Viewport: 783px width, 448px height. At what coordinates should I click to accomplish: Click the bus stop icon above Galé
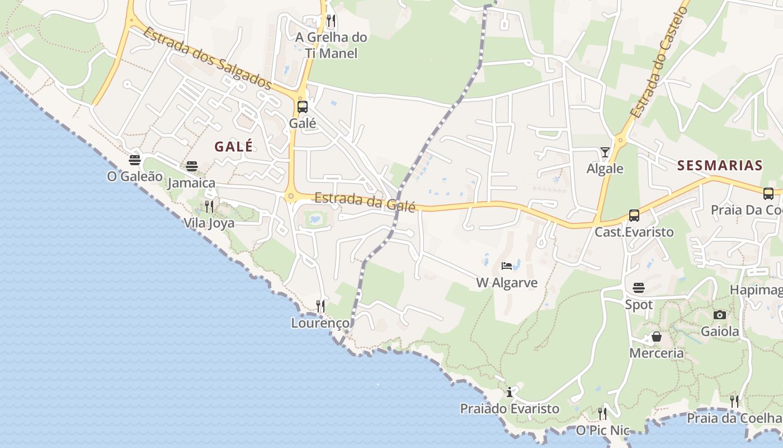(x=303, y=106)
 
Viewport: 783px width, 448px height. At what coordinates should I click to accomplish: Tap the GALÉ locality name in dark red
(x=234, y=147)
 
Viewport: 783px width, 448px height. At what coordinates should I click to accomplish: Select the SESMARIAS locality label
(x=720, y=165)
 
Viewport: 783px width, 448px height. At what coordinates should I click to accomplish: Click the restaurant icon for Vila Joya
(x=209, y=207)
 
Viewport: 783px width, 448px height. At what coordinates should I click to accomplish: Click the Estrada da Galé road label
(x=365, y=202)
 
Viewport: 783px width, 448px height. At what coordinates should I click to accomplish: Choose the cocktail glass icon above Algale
(x=605, y=152)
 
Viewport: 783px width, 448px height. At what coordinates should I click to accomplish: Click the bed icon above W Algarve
(x=507, y=265)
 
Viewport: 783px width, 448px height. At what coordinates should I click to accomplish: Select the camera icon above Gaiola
(x=720, y=315)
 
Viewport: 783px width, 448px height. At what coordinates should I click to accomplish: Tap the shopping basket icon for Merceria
(x=657, y=337)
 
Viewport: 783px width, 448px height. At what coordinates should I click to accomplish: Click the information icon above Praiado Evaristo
(x=510, y=392)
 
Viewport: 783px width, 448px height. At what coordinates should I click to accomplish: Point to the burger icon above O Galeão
(x=135, y=160)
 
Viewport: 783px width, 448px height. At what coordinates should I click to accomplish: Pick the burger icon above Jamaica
(x=192, y=166)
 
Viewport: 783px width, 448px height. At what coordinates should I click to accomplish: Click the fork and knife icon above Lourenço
(x=320, y=306)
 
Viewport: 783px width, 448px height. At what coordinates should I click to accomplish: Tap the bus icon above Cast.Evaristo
(x=634, y=215)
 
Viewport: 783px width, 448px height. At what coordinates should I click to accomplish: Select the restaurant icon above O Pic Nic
(x=602, y=414)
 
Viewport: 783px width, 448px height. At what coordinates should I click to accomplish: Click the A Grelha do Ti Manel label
(x=331, y=45)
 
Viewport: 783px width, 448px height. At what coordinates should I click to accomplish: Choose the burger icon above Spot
(x=639, y=288)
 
